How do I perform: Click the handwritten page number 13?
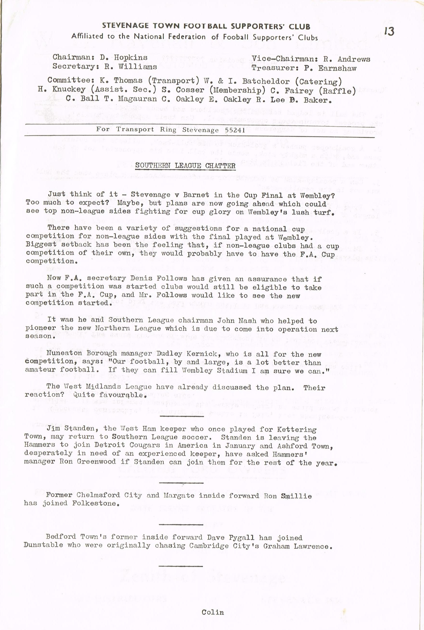point(389,32)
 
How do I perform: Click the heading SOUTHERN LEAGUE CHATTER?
point(185,165)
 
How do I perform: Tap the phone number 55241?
point(235,130)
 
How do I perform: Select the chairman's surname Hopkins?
point(131,57)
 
